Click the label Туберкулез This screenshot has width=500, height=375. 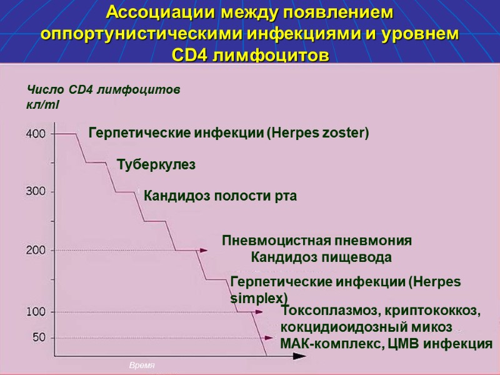(x=156, y=164)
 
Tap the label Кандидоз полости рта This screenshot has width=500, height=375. (x=220, y=196)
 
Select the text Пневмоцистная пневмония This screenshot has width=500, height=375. (x=317, y=241)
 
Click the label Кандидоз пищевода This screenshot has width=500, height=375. (x=321, y=257)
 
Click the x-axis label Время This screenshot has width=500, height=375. (x=141, y=365)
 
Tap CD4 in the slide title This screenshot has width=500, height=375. (x=191, y=55)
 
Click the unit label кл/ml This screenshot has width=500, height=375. (x=42, y=104)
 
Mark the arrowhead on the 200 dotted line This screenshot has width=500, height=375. (x=202, y=250)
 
